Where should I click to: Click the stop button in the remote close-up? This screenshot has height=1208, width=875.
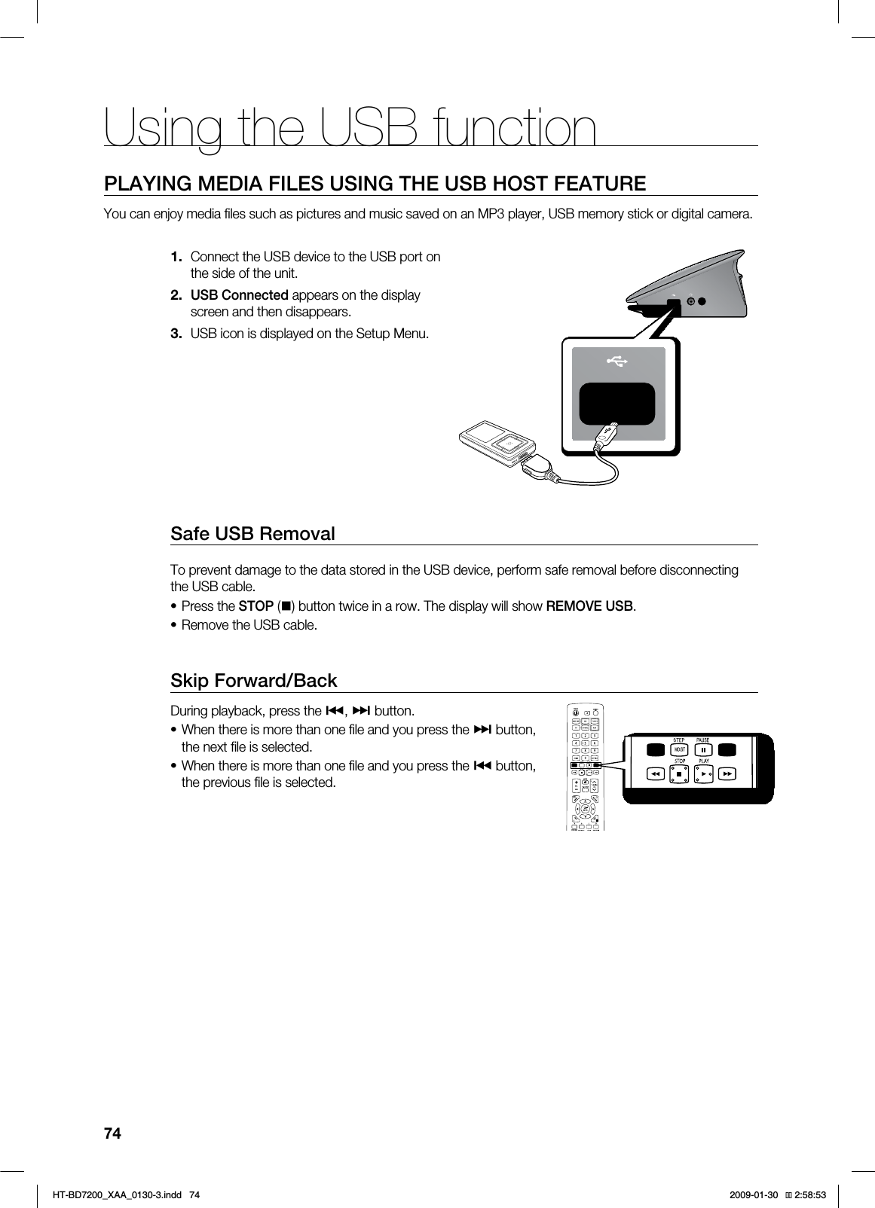(x=679, y=773)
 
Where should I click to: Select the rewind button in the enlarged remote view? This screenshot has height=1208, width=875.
(x=655, y=773)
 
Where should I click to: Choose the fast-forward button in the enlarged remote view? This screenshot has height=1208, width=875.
(x=727, y=773)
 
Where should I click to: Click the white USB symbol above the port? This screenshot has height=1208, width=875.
(x=617, y=363)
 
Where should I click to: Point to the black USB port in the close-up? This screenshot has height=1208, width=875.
(x=616, y=403)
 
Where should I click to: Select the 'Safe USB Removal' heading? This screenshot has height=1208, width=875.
(x=252, y=534)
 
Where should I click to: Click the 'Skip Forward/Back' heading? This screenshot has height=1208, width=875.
(x=254, y=681)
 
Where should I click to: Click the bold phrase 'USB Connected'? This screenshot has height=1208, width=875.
(x=239, y=294)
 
